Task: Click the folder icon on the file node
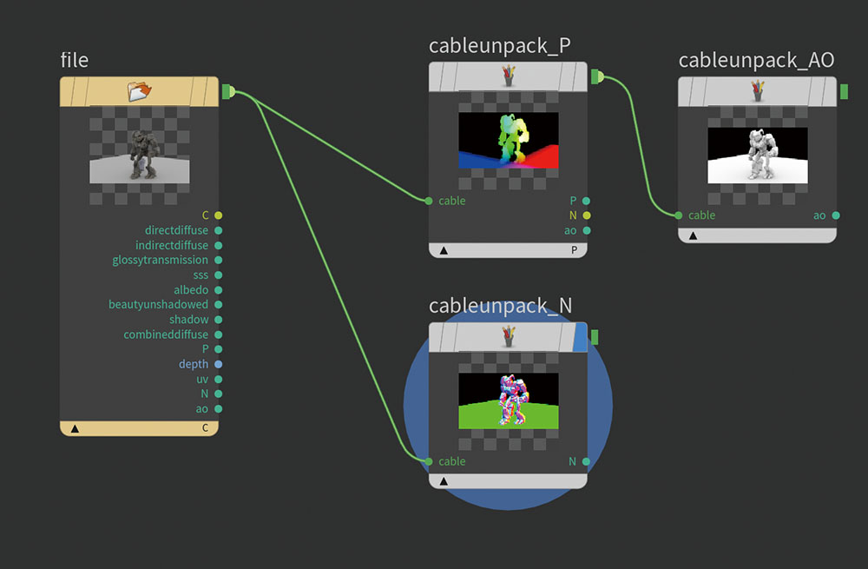click(139, 90)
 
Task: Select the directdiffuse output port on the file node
click(218, 230)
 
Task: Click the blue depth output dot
click(218, 364)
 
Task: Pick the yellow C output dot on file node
click(218, 215)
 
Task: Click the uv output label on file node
click(201, 379)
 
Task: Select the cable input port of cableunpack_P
click(430, 201)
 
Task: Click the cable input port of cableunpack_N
click(430, 461)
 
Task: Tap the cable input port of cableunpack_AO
click(679, 215)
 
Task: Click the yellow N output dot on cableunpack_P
click(587, 215)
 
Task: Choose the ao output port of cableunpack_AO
click(836, 215)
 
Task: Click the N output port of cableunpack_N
click(587, 461)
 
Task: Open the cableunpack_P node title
click(499, 46)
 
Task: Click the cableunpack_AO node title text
click(756, 60)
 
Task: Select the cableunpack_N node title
click(500, 306)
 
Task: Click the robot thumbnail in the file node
click(139, 155)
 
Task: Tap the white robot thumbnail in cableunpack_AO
click(758, 155)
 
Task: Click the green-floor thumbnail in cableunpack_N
click(509, 400)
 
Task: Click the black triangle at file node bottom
click(75, 428)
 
